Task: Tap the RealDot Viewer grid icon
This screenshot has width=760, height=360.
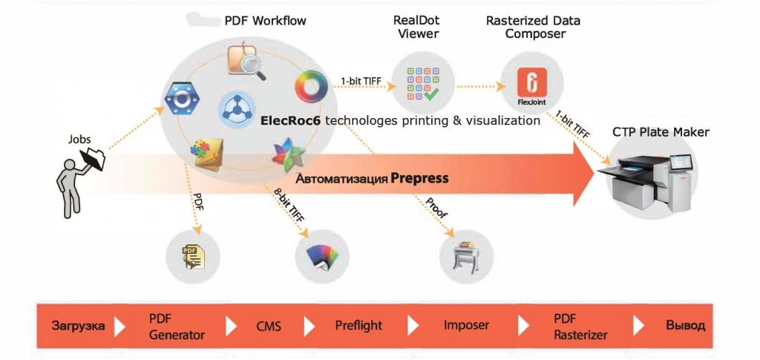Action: [x=423, y=85]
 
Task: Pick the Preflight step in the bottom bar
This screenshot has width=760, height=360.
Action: [x=358, y=325]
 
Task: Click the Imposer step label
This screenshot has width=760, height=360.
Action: [x=466, y=325]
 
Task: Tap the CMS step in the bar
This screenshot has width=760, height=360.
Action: [x=268, y=325]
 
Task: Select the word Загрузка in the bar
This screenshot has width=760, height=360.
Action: [x=78, y=325]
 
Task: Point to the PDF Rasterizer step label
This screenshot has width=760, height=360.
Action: [x=580, y=326]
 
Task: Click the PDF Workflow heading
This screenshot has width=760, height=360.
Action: [x=265, y=20]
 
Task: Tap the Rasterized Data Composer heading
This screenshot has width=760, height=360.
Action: [x=534, y=27]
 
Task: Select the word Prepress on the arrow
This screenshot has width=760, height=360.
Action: [x=420, y=178]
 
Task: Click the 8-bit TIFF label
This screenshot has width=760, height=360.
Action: [x=288, y=204]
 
